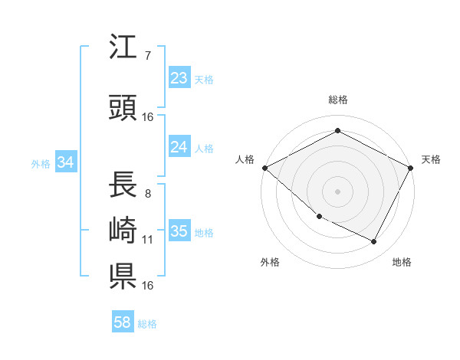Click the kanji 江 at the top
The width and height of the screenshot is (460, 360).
pos(123,48)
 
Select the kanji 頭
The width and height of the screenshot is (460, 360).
pos(123,108)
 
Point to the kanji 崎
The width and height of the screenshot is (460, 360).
pos(123,231)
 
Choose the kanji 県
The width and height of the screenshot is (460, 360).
pos(123,277)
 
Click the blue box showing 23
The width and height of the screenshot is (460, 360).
pos(179,78)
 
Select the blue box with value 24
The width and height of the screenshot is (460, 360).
pos(179,147)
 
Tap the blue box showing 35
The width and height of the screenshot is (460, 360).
pos(179,231)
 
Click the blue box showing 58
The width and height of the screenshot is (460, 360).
pos(123,322)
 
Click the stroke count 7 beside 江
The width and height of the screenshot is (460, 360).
pos(147,55)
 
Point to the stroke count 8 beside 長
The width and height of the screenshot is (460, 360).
pos(147,194)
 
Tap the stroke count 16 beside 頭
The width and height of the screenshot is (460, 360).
pos(148,116)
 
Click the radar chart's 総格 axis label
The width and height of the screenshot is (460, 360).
pos(338,100)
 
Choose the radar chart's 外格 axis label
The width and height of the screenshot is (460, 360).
pos(270,262)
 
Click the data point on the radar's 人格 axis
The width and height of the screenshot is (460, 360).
pos(264,168)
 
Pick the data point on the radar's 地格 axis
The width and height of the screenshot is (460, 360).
pos(374,242)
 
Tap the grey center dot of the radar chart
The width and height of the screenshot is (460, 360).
pos(338,191)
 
